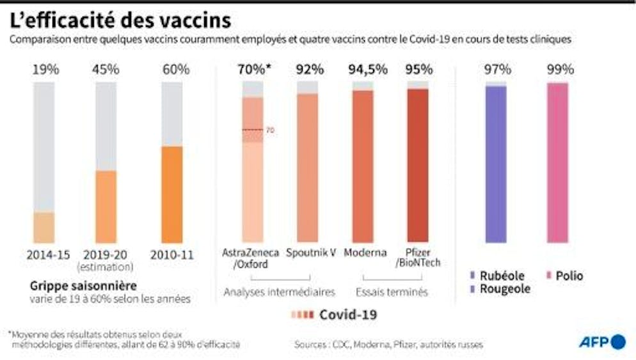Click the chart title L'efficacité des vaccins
pos(120,20)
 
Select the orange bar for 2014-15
pos(44,227)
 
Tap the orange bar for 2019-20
pos(106,206)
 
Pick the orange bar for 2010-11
pos(171,194)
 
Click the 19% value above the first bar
pos(45,70)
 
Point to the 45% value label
pos(106,70)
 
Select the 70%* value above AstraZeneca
pos(253,70)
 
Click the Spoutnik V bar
pos(307,168)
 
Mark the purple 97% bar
pos(496,164)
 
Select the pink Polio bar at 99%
pos(557,162)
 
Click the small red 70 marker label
pos(270,130)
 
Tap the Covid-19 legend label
pos(347,314)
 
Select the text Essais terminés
pos(392,292)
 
